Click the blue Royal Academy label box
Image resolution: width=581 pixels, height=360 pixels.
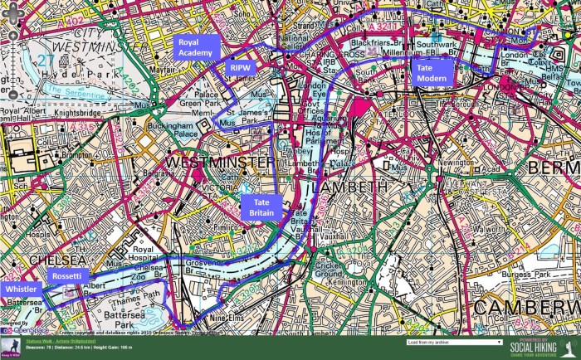click(x=196, y=48)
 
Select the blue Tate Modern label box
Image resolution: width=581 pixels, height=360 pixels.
click(x=432, y=72)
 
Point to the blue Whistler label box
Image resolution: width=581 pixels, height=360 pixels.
click(x=20, y=288)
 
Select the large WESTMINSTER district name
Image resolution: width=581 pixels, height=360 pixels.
click(x=220, y=163)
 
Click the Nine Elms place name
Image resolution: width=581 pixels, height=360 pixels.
click(x=229, y=319)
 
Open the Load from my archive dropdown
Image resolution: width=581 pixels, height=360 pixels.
click(x=454, y=342)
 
